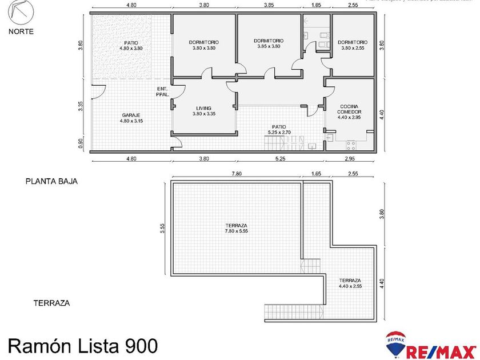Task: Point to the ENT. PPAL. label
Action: pos(162,91)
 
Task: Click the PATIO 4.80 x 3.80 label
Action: pos(131,46)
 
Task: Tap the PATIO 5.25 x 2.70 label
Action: pos(279,130)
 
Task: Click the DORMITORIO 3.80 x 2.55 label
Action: pos(353,45)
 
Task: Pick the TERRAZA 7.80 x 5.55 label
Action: pos(236,229)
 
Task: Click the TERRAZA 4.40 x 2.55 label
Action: pos(349,283)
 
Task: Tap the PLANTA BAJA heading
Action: pos(51,181)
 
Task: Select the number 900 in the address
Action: pos(138,346)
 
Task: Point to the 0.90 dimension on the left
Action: pos(81,145)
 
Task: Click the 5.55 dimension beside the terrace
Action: pos(163,227)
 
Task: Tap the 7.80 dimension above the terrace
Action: pos(235,173)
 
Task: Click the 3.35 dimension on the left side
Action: pos(81,107)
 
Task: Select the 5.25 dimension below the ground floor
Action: pos(280,159)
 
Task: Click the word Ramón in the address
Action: pos(41,346)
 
